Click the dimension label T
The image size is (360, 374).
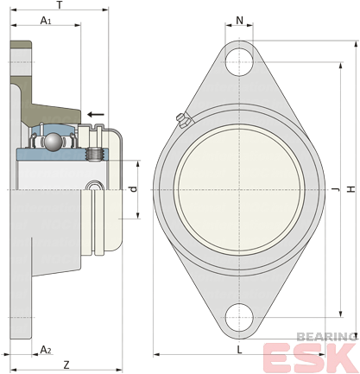(60, 4)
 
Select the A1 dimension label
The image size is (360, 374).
(46, 21)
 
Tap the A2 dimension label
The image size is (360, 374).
(46, 350)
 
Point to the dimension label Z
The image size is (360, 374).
(66, 365)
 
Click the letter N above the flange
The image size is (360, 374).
(239, 21)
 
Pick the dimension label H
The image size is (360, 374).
(351, 189)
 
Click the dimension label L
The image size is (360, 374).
(239, 350)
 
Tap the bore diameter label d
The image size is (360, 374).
(133, 189)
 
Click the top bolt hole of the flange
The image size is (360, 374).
(239, 62)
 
